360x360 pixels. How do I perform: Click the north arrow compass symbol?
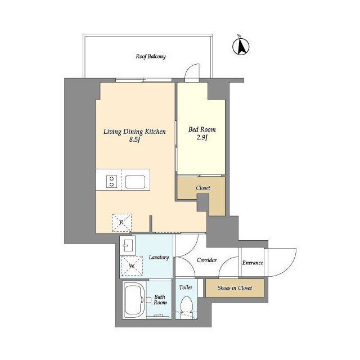point(241,47)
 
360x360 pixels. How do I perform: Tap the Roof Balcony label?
point(151,56)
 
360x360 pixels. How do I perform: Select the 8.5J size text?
point(134,139)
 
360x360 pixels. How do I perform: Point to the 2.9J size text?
point(202,137)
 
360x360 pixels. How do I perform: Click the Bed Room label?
point(202,129)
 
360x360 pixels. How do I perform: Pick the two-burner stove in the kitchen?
point(111,181)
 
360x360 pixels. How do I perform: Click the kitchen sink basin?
point(135,182)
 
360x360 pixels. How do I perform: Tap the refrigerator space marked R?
point(121,223)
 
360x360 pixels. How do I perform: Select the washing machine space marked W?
point(132,265)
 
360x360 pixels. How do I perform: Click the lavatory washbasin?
point(128,246)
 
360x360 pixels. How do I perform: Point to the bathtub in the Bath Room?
point(134,300)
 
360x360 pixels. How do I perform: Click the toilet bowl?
point(186,304)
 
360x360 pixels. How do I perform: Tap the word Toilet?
point(186,287)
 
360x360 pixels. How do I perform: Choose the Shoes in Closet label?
point(235,287)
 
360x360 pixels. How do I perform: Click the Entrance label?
point(253,263)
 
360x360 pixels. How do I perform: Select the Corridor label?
point(206,260)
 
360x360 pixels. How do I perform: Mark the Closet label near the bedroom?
point(203,188)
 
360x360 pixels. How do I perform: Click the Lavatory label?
point(159,258)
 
